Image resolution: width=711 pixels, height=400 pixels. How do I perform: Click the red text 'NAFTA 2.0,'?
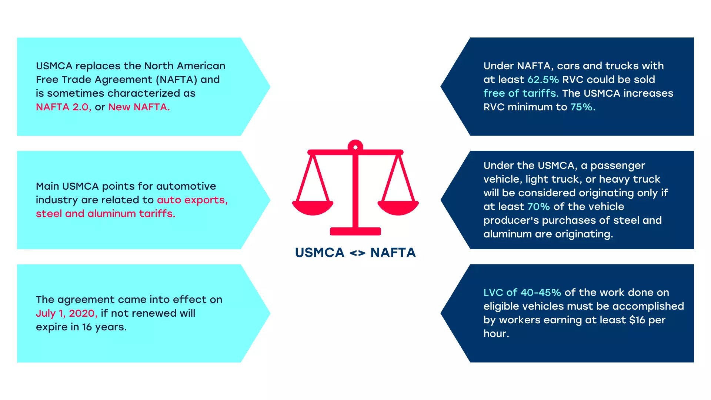tap(63, 107)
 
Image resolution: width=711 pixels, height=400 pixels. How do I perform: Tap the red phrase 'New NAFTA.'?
tap(139, 107)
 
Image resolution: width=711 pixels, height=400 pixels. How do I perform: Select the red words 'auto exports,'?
tap(192, 200)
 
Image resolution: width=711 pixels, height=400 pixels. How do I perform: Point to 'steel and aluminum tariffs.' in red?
tap(106, 214)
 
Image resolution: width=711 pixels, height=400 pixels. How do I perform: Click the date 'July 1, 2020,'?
tap(67, 313)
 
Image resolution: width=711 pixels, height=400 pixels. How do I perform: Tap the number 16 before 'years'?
tap(87, 327)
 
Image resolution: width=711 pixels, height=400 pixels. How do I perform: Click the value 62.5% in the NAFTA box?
tap(543, 80)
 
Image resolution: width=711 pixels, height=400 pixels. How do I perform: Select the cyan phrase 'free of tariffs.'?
tap(521, 93)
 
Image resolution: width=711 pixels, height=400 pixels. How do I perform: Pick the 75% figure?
tap(583, 107)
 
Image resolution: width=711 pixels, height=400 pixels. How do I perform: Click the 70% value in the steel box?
tap(538, 207)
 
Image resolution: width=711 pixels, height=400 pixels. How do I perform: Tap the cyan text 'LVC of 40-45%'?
tap(522, 293)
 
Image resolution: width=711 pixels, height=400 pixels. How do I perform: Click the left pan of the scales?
tap(313, 208)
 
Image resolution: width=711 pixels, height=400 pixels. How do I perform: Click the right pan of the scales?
tap(398, 208)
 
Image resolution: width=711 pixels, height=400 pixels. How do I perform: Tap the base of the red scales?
tap(355, 231)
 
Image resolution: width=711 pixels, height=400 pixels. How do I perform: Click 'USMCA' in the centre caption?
tap(320, 253)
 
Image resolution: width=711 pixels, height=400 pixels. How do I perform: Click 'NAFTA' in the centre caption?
tap(393, 253)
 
